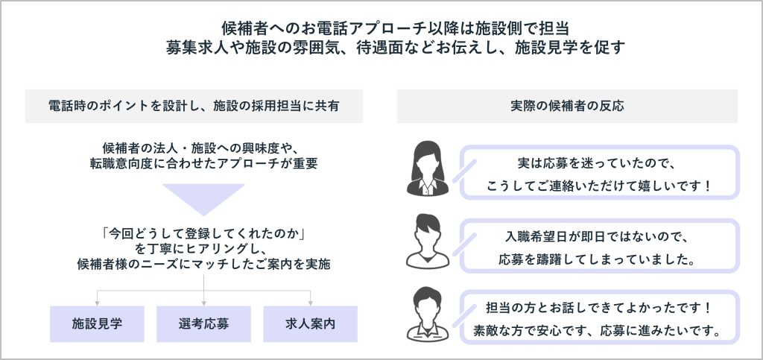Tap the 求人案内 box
[310, 324]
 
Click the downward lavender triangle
[203, 200]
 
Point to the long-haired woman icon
[427, 171]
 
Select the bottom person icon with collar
[427, 313]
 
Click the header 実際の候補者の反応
[566, 106]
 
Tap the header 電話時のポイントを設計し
[194, 106]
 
